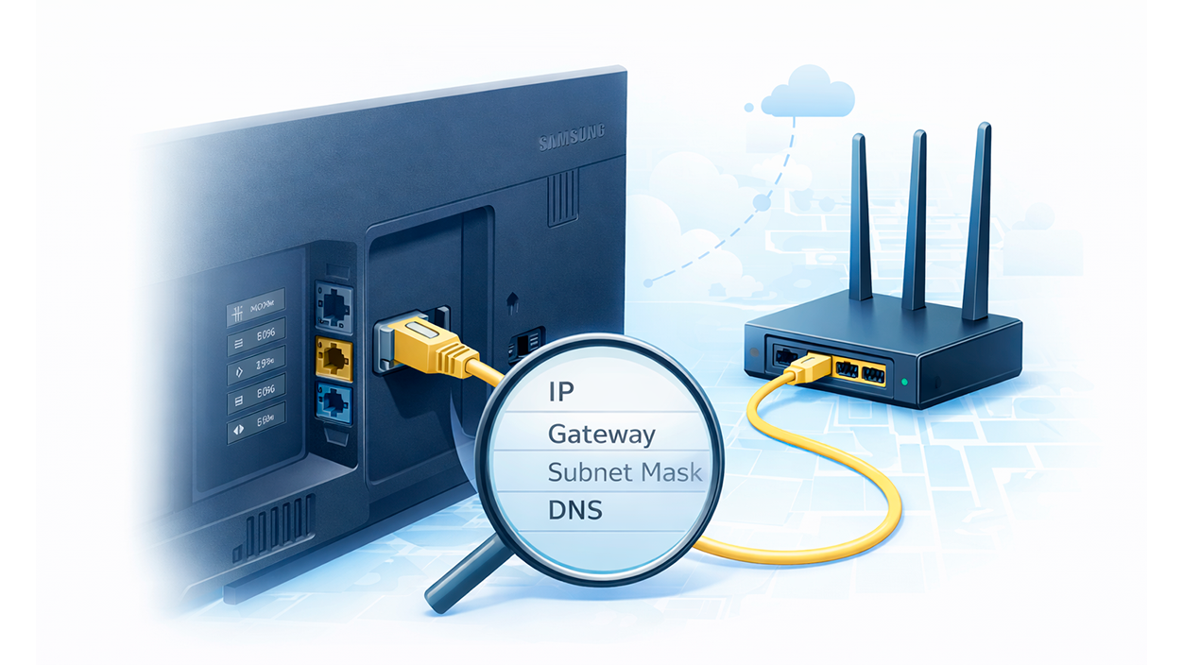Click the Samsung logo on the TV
coord(571,142)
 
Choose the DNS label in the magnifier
coord(574,510)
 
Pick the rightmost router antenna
coord(977,222)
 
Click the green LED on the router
coord(906,383)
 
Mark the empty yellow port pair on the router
coord(861,371)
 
